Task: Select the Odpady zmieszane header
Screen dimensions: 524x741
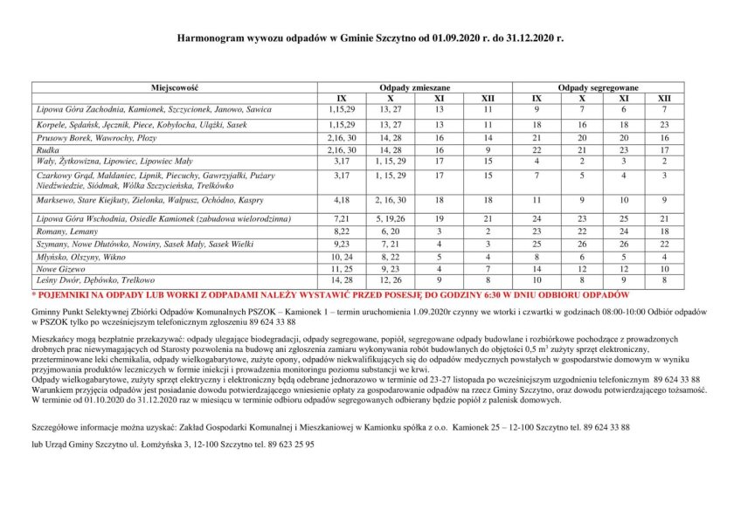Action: coord(414,89)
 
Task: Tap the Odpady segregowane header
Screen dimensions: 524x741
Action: coord(599,89)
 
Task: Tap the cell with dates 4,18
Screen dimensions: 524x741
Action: coord(341,200)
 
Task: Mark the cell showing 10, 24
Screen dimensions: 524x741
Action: coord(341,257)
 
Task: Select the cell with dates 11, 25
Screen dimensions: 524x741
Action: coord(341,269)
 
